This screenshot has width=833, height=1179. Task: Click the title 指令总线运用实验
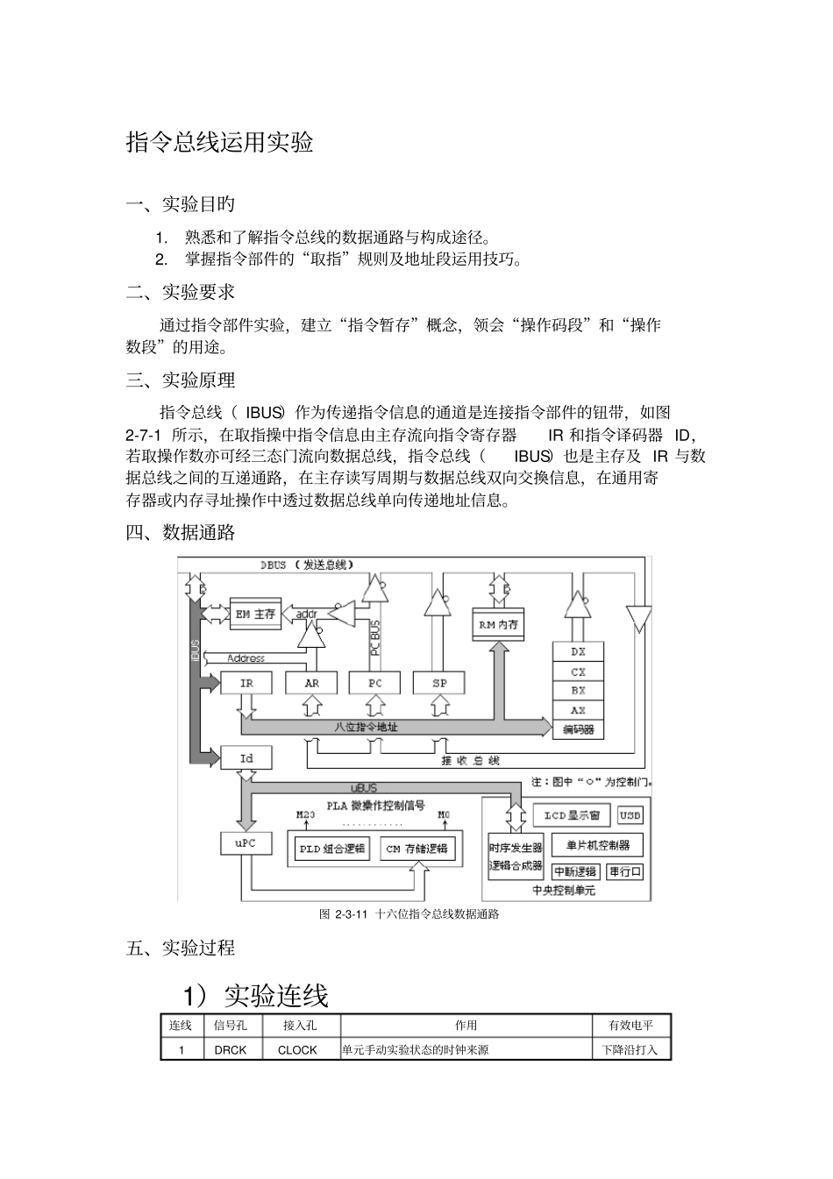coord(220,142)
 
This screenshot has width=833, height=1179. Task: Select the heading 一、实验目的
coord(181,204)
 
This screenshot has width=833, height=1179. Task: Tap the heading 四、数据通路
coord(181,532)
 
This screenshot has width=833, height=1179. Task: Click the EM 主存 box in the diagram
coord(255,614)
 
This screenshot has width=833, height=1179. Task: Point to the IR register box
coord(246,683)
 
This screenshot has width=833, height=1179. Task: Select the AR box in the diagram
coord(311,683)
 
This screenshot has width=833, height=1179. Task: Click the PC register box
coord(375,683)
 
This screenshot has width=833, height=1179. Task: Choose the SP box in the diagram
coord(440,683)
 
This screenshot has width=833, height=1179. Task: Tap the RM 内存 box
coord(498,624)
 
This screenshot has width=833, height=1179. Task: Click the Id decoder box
coord(246,758)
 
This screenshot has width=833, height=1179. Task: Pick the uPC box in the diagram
coord(246,843)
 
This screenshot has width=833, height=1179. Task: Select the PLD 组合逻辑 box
coord(332,848)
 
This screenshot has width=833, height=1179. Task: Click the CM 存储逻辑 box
coord(416,848)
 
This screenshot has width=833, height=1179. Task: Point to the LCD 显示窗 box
coord(572,815)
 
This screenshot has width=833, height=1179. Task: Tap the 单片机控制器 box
coord(598,845)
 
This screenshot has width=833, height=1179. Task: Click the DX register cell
coord(578,652)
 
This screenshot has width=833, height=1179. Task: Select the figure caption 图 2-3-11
coord(409,914)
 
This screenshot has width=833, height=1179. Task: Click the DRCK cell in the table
coord(231,1049)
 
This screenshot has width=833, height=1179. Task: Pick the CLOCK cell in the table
coord(297,1049)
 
